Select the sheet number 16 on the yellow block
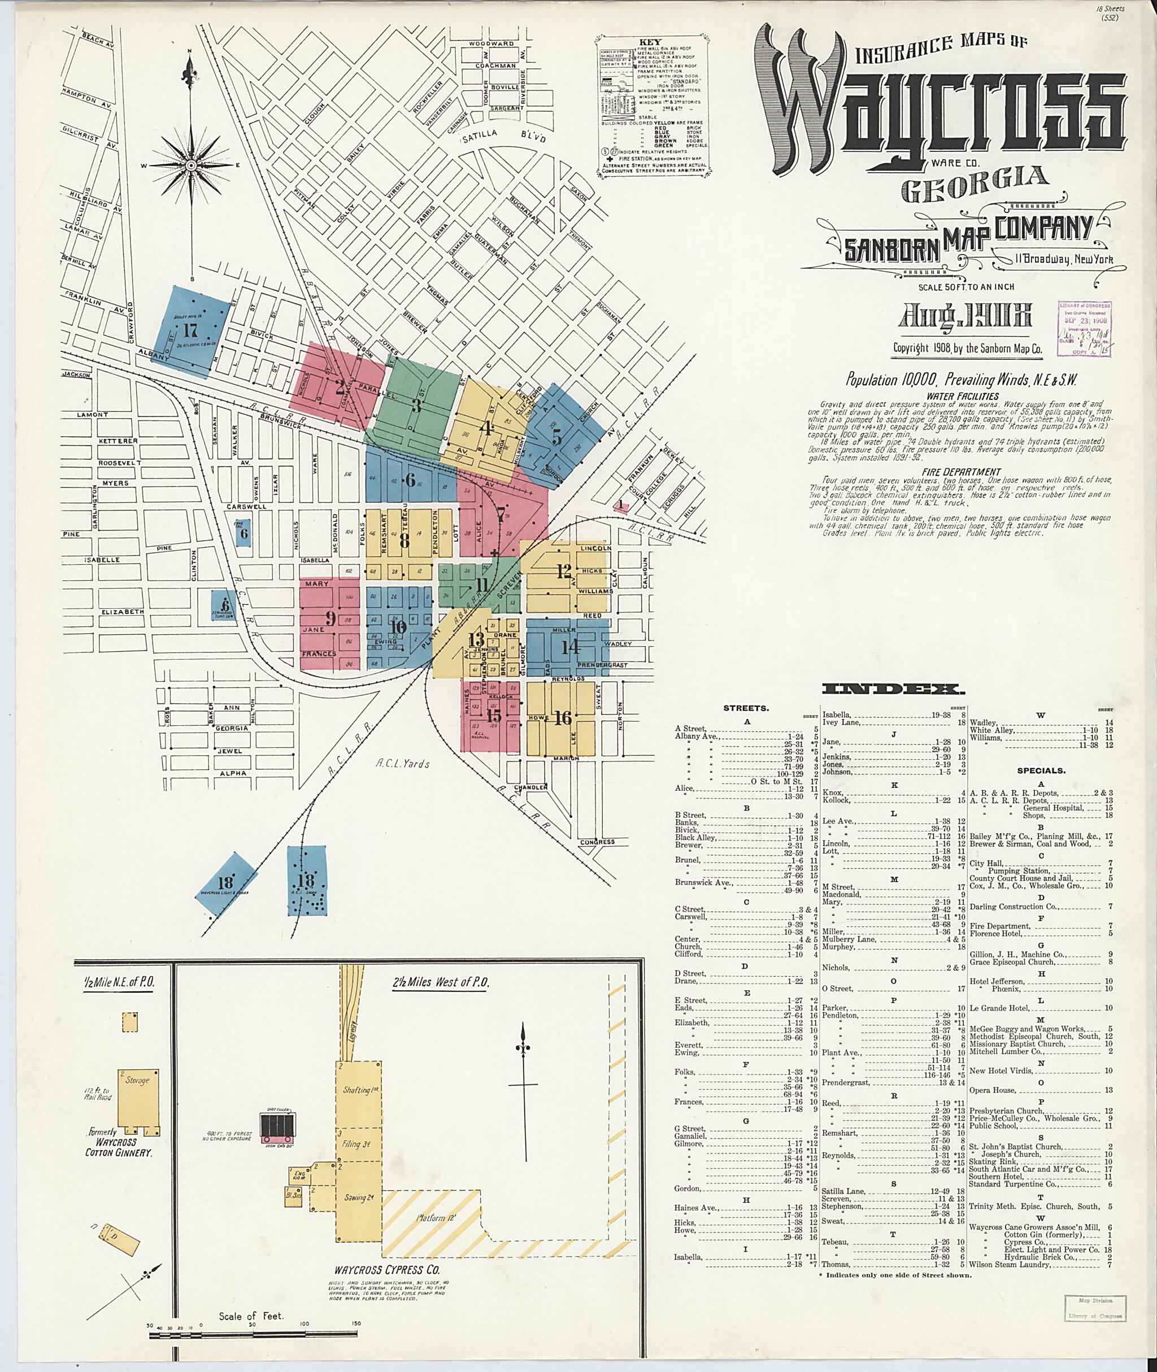562,717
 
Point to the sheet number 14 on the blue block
570,647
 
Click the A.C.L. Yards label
403,763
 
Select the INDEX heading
893,689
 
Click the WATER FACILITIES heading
963,396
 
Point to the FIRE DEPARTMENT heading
962,472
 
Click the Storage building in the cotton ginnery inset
138,1098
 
